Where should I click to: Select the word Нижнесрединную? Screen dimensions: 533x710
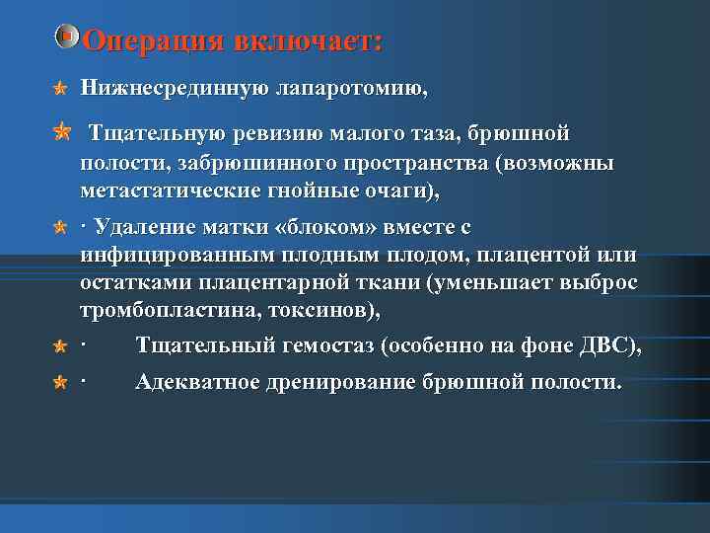pos(169,89)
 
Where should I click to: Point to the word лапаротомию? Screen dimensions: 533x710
pos(348,89)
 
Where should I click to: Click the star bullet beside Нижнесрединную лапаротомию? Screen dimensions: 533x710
pos(60,90)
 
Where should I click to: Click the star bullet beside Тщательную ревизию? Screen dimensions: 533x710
pos(61,130)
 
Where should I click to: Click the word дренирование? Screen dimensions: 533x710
pos(346,381)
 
